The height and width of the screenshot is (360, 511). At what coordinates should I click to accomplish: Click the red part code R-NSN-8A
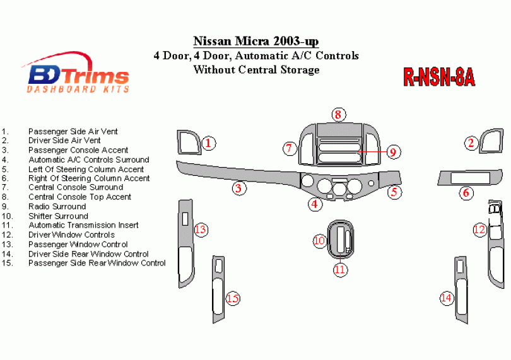pos(439,77)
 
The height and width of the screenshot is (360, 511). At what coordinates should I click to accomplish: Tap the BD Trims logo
pos(76,73)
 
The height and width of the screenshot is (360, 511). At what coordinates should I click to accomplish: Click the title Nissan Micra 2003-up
pos(256,41)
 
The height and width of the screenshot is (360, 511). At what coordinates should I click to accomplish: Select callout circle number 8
pos(338,115)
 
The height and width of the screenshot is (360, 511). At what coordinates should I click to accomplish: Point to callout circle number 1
pos(208,143)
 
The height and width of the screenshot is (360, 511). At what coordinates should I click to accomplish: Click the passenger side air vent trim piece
pos(189,142)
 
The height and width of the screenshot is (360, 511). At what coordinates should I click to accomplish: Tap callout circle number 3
pos(239,189)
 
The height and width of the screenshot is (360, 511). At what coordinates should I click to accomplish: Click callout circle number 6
pos(466,193)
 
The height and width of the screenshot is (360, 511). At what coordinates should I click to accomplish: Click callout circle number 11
pos(340,270)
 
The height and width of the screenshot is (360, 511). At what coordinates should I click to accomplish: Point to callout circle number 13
pos(201,229)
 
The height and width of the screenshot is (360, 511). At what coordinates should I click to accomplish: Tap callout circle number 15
pos(233,298)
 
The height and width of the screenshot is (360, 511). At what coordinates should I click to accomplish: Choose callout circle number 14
pos(446,298)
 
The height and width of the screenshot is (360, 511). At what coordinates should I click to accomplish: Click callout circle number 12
pos(479,229)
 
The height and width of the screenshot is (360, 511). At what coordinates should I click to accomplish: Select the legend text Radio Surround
pos(57,207)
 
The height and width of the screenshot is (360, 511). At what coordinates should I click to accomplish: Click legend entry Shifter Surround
pos(58,216)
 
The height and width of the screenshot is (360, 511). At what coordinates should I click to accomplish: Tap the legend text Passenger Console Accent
pos(78,150)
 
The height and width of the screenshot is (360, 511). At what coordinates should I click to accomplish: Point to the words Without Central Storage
pos(256,70)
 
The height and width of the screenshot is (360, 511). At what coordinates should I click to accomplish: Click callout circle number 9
pos(393,152)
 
